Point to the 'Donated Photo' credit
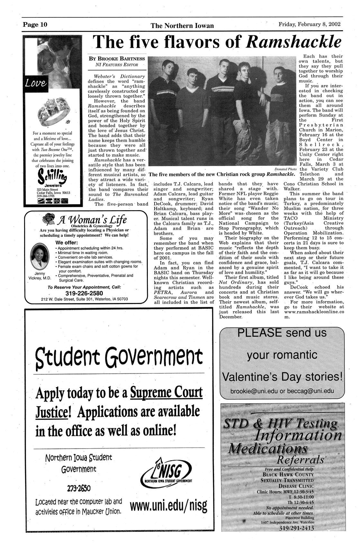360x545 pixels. [x=285, y=169]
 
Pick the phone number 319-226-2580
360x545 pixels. [x=84, y=293]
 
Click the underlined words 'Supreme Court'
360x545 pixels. [x=167, y=393]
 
